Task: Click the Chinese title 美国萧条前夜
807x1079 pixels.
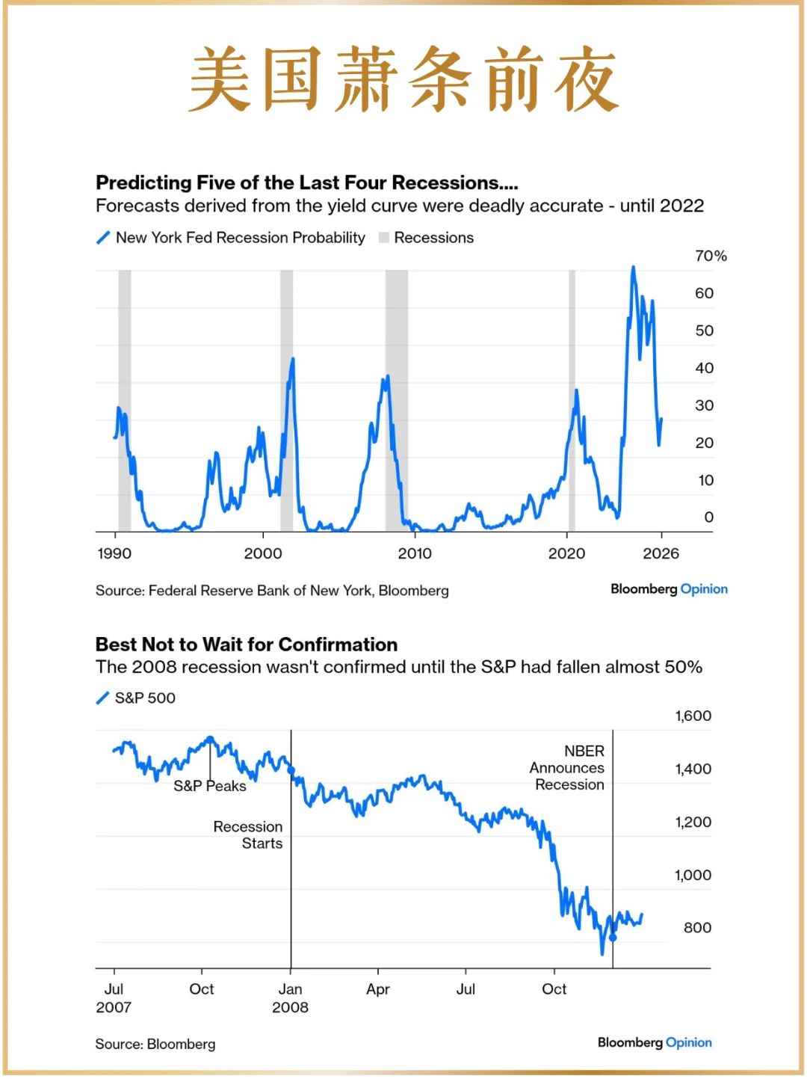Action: (x=403, y=79)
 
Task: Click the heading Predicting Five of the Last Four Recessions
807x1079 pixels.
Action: (x=306, y=183)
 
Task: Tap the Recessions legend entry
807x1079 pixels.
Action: (x=427, y=238)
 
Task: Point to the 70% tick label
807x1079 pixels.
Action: (x=710, y=256)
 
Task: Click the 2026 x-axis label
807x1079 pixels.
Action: (x=661, y=553)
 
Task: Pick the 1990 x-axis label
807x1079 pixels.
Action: (x=114, y=553)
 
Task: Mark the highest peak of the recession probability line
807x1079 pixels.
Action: (x=633, y=267)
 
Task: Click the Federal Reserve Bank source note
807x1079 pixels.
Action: (x=272, y=591)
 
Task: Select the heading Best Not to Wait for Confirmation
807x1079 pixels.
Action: (x=247, y=645)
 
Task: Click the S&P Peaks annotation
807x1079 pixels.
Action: (x=209, y=786)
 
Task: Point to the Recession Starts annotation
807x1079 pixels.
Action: (x=248, y=834)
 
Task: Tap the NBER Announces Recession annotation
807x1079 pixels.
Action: (x=568, y=767)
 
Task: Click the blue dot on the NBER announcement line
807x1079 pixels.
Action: (x=613, y=938)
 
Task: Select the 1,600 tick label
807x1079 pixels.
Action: (x=693, y=716)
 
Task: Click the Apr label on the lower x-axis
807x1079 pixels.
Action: (x=378, y=989)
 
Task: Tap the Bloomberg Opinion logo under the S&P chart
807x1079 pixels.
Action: (x=655, y=1042)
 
